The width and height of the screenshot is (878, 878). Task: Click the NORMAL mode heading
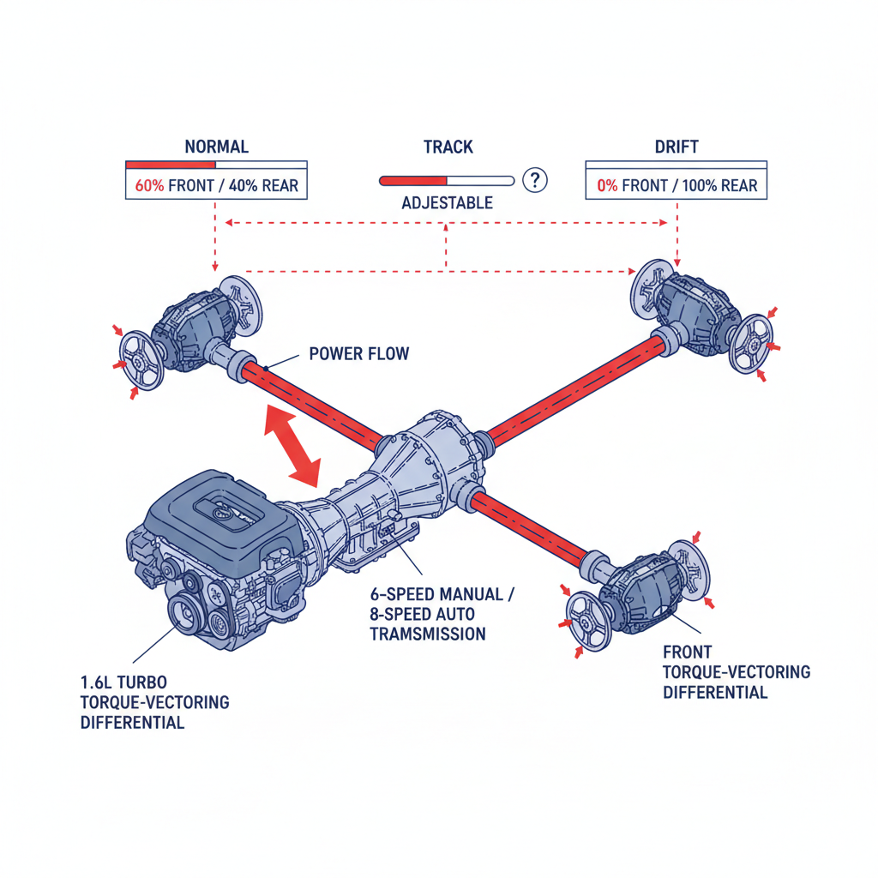click(216, 147)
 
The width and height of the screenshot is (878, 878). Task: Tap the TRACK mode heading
click(448, 147)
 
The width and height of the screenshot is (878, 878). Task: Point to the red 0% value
click(607, 186)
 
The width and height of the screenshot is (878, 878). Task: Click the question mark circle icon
click(535, 180)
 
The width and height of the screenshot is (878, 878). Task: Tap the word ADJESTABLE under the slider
click(447, 203)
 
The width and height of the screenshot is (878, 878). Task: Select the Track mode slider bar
click(446, 181)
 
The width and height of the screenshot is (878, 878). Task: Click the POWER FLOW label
click(358, 353)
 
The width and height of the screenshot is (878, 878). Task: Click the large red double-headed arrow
click(292, 444)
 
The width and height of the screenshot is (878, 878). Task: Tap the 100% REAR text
click(721, 186)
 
